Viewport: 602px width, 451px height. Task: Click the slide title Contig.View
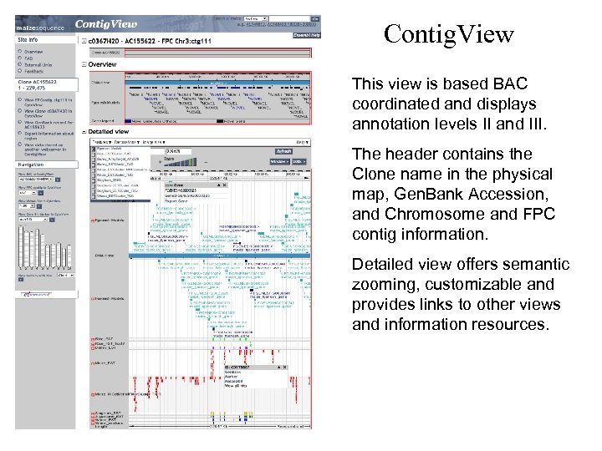click(449, 34)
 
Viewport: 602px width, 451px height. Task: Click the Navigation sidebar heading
click(33, 165)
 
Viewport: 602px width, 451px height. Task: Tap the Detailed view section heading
click(108, 131)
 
